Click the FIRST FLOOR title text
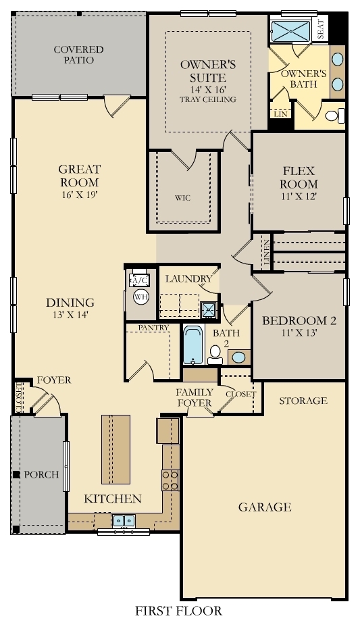pos(178,611)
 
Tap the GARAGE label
pos(264,507)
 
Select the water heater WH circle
pos(140,297)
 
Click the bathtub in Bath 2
pos(192,346)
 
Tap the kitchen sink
pos(123,521)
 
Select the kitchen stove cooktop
pos(170,479)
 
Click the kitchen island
pos(115,449)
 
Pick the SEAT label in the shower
pos(321,28)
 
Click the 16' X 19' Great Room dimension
pos(79,195)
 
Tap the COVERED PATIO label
pos(79,55)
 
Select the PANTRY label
pos(153,328)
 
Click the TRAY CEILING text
pos(208,100)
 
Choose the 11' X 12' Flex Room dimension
pos(299,197)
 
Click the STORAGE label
pos(303,401)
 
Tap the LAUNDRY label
pos(188,278)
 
